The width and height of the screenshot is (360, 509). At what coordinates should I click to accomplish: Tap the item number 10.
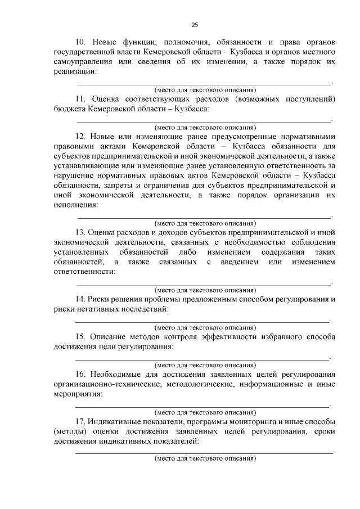coord(80,42)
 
